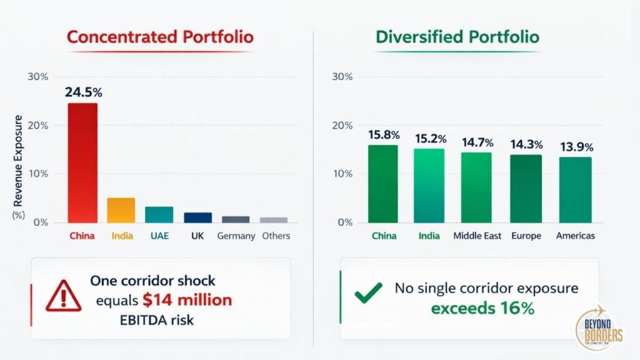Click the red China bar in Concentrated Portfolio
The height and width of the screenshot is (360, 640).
pyautogui.click(x=82, y=162)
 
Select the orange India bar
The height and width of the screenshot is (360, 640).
pyautogui.click(x=121, y=211)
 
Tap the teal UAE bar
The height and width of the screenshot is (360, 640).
pyautogui.click(x=159, y=215)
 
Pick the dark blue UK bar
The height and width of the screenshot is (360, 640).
pyautogui.click(x=197, y=217)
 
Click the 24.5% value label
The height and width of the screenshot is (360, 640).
pyautogui.click(x=83, y=92)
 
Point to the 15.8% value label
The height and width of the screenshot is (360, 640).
pyautogui.click(x=383, y=134)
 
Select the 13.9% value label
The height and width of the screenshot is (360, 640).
pyautogui.click(x=576, y=147)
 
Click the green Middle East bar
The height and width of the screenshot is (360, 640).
pyautogui.click(x=476, y=187)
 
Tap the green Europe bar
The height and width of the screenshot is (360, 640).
pyautogui.click(x=527, y=189)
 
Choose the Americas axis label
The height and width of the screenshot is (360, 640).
pyautogui.click(x=575, y=236)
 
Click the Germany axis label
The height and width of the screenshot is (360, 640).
pyautogui.click(x=236, y=236)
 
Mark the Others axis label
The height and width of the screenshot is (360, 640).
pyautogui.click(x=275, y=236)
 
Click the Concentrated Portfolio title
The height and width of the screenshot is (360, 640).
pyautogui.click(x=160, y=37)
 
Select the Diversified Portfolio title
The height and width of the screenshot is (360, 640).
pyautogui.click(x=457, y=37)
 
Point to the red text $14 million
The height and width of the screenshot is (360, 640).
pyautogui.click(x=187, y=300)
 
